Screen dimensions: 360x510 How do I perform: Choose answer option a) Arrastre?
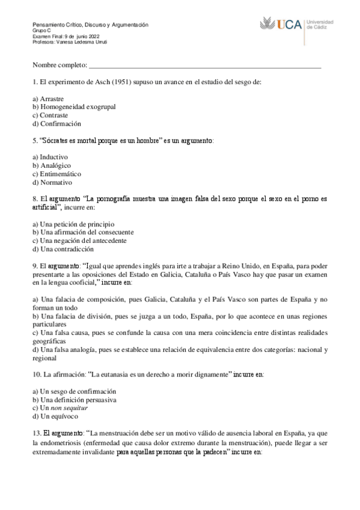(x=49, y=98)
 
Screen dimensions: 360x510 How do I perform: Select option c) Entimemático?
(x=59, y=174)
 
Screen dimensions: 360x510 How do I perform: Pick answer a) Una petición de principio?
(x=73, y=224)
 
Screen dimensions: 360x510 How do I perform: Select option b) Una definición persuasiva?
(x=74, y=399)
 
